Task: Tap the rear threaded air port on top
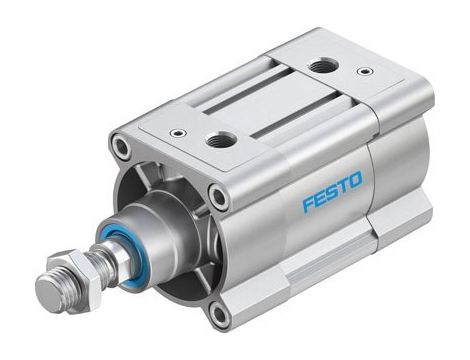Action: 322,67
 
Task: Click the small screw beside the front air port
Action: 177,132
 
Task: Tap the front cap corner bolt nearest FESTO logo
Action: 219,197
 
